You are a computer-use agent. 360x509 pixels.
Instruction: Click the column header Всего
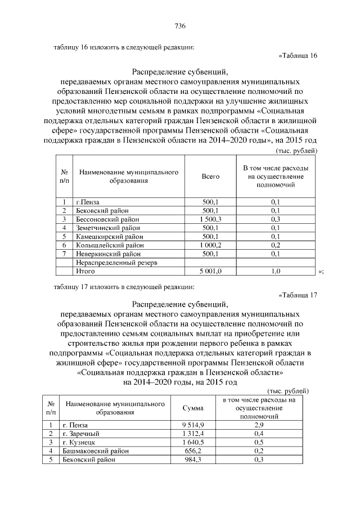tap(210, 177)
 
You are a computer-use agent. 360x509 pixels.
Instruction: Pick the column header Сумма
tap(193, 408)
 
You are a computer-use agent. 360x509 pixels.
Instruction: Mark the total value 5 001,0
tap(210, 271)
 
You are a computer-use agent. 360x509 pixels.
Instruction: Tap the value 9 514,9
tap(193, 425)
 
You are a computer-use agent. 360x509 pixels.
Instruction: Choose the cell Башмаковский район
tap(96, 451)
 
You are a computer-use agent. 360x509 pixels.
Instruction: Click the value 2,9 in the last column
tap(259, 425)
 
